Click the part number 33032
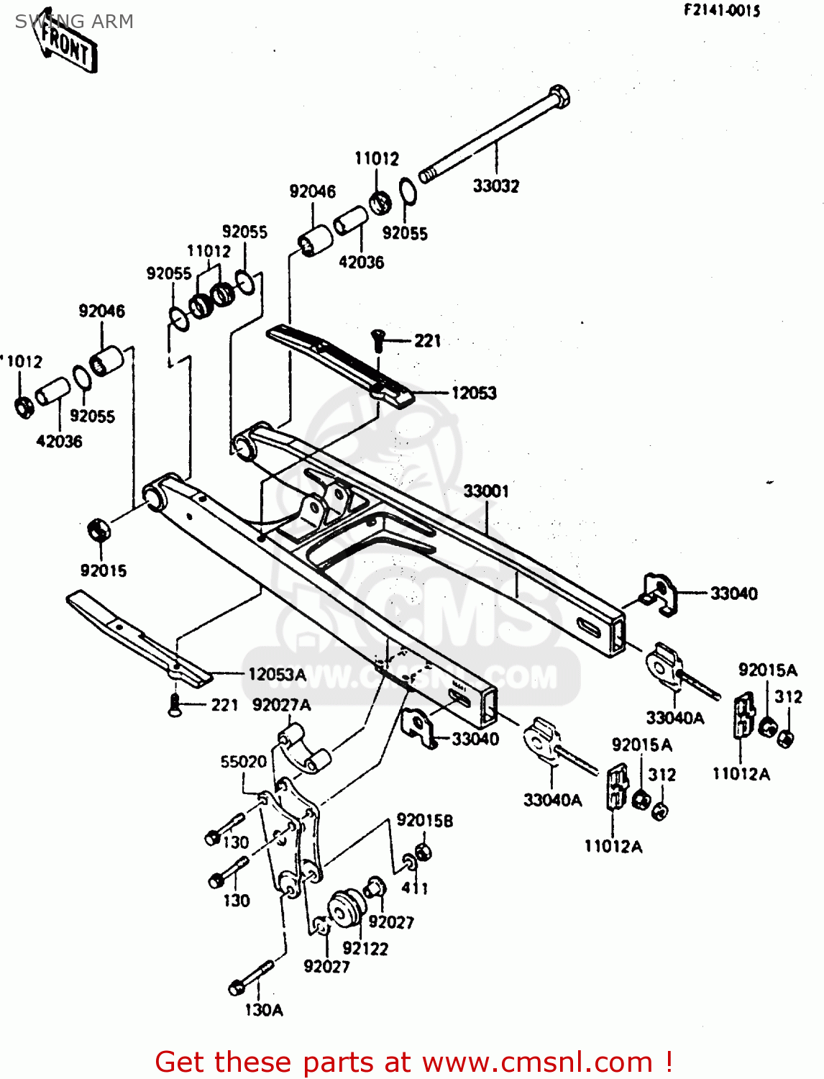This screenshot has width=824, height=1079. tap(495, 186)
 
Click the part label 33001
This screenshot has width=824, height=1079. tap(486, 491)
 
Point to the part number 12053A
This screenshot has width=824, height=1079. tap(277, 675)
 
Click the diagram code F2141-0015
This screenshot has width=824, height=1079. tap(721, 11)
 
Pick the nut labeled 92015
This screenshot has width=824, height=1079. tap(97, 531)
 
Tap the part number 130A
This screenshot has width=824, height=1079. tap(264, 1010)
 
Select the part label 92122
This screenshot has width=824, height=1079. tap(365, 949)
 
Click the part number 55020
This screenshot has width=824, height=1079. tap(243, 762)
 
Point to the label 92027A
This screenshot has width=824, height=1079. tap(282, 705)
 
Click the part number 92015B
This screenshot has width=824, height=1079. tap(425, 821)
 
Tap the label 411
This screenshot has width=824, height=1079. tap(415, 888)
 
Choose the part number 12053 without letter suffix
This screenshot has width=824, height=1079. tap(474, 393)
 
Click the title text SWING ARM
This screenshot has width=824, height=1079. tap(74, 22)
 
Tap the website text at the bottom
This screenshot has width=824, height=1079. tap(413, 1062)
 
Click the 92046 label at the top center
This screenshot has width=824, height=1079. tap(312, 191)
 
